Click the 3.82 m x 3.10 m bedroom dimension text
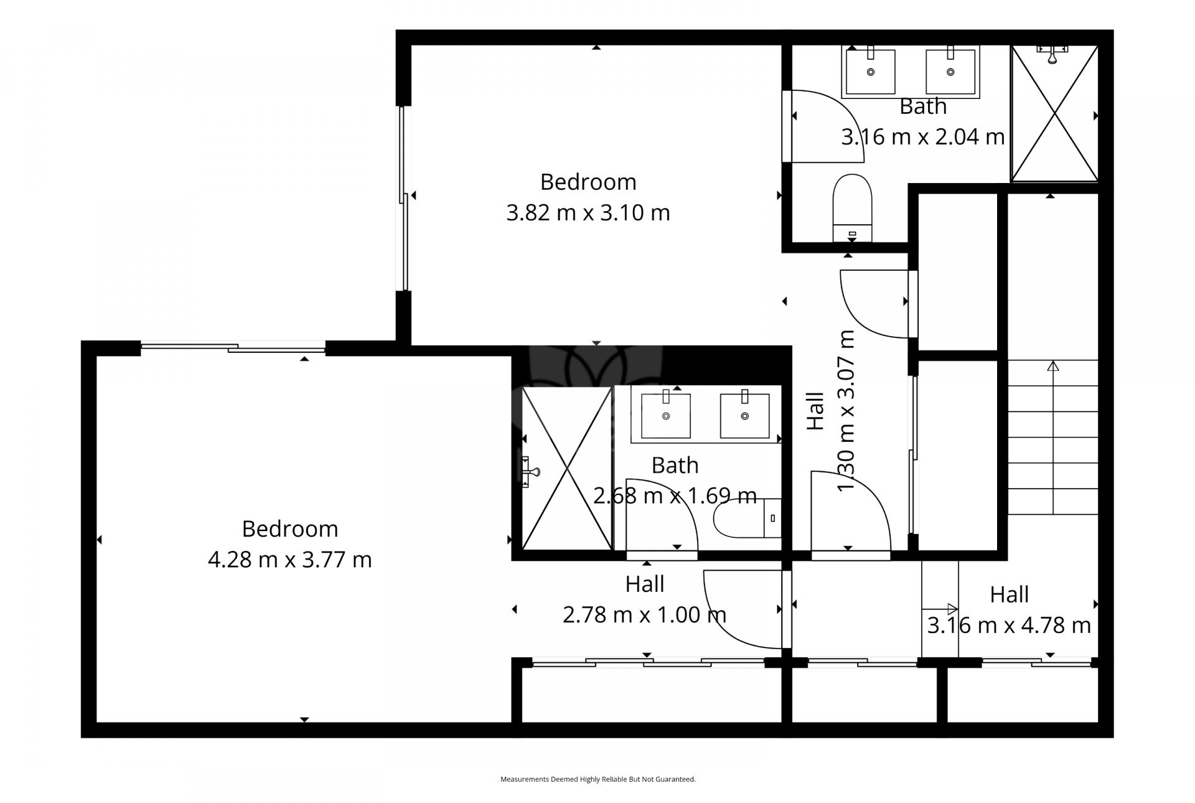click(x=588, y=213)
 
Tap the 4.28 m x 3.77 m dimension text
click(x=289, y=560)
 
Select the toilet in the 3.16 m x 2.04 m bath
click(x=852, y=205)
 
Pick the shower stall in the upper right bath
click(x=1054, y=114)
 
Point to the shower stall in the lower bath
click(x=566, y=468)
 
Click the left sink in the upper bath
click(x=870, y=71)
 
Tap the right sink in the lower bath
click(x=744, y=415)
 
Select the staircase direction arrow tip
click(x=1052, y=366)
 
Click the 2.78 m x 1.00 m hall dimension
click(x=644, y=615)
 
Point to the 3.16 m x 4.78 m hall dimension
click(x=1009, y=625)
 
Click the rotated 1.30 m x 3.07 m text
click(x=846, y=411)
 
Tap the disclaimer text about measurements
click(x=597, y=779)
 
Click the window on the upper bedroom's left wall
click(x=404, y=198)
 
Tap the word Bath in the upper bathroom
click(x=922, y=106)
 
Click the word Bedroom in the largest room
click(x=289, y=529)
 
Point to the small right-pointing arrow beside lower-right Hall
click(x=951, y=609)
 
